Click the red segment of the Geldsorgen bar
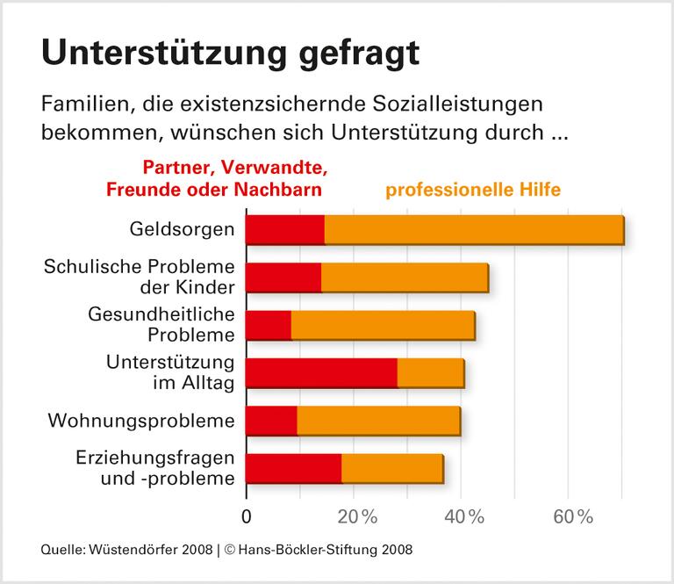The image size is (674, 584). coord(284,230)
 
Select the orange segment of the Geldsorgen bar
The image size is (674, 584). coord(474,230)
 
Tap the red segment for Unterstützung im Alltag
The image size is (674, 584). coord(320,373)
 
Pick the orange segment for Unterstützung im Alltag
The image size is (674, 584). coord(430,373)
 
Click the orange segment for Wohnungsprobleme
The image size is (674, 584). coord(378,422)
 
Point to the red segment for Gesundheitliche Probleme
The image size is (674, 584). coord(268,326)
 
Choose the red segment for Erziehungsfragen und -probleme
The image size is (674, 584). coord(293,469)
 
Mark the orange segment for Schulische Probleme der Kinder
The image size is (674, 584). coord(405,278)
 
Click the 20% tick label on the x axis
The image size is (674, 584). coord(355,516)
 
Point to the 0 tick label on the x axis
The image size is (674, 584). coord(246,516)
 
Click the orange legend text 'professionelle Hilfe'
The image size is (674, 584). coord(473,189)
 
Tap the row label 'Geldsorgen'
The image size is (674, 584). coord(181,230)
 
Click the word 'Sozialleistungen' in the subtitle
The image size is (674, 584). coord(448,105)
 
